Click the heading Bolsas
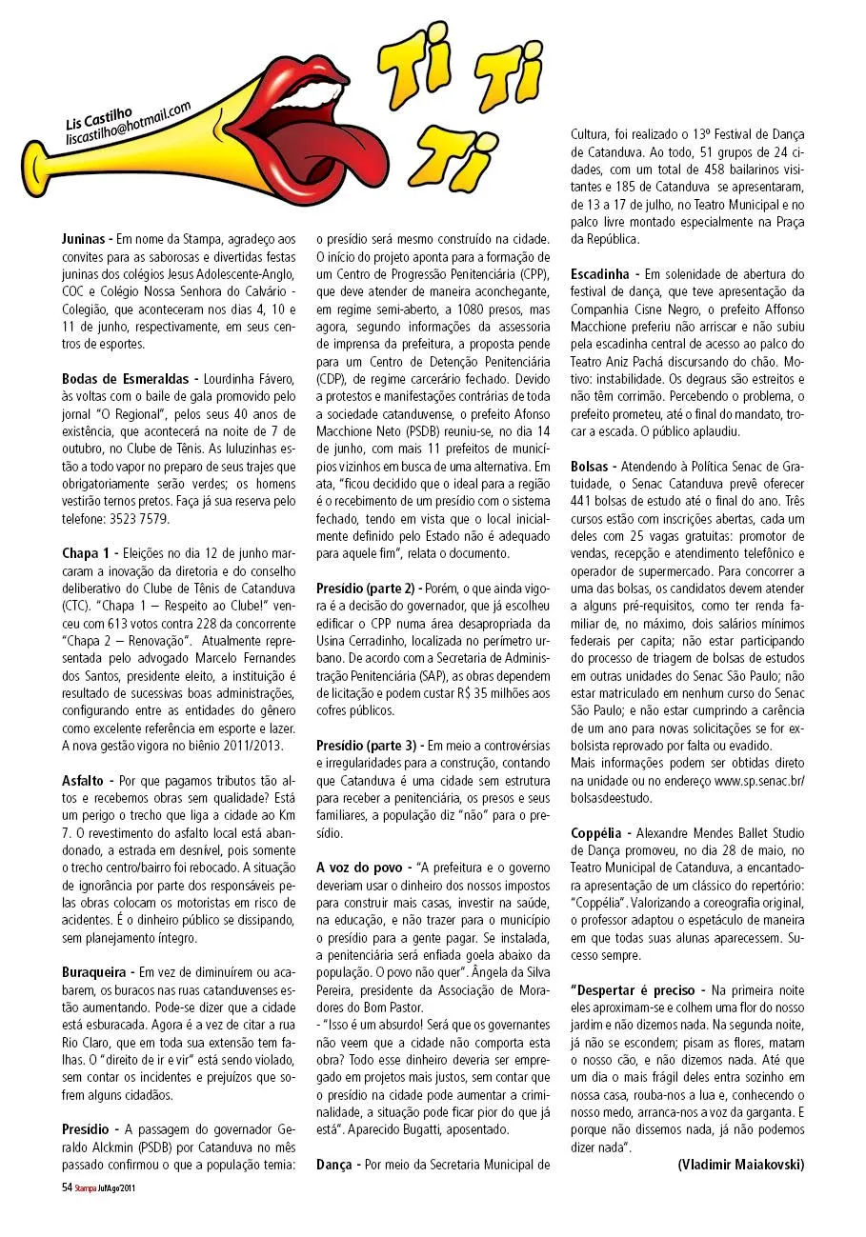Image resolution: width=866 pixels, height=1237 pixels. [x=594, y=467]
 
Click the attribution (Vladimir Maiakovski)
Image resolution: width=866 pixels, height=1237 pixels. [x=740, y=1164]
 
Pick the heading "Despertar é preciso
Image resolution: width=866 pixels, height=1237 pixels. [x=636, y=990]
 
